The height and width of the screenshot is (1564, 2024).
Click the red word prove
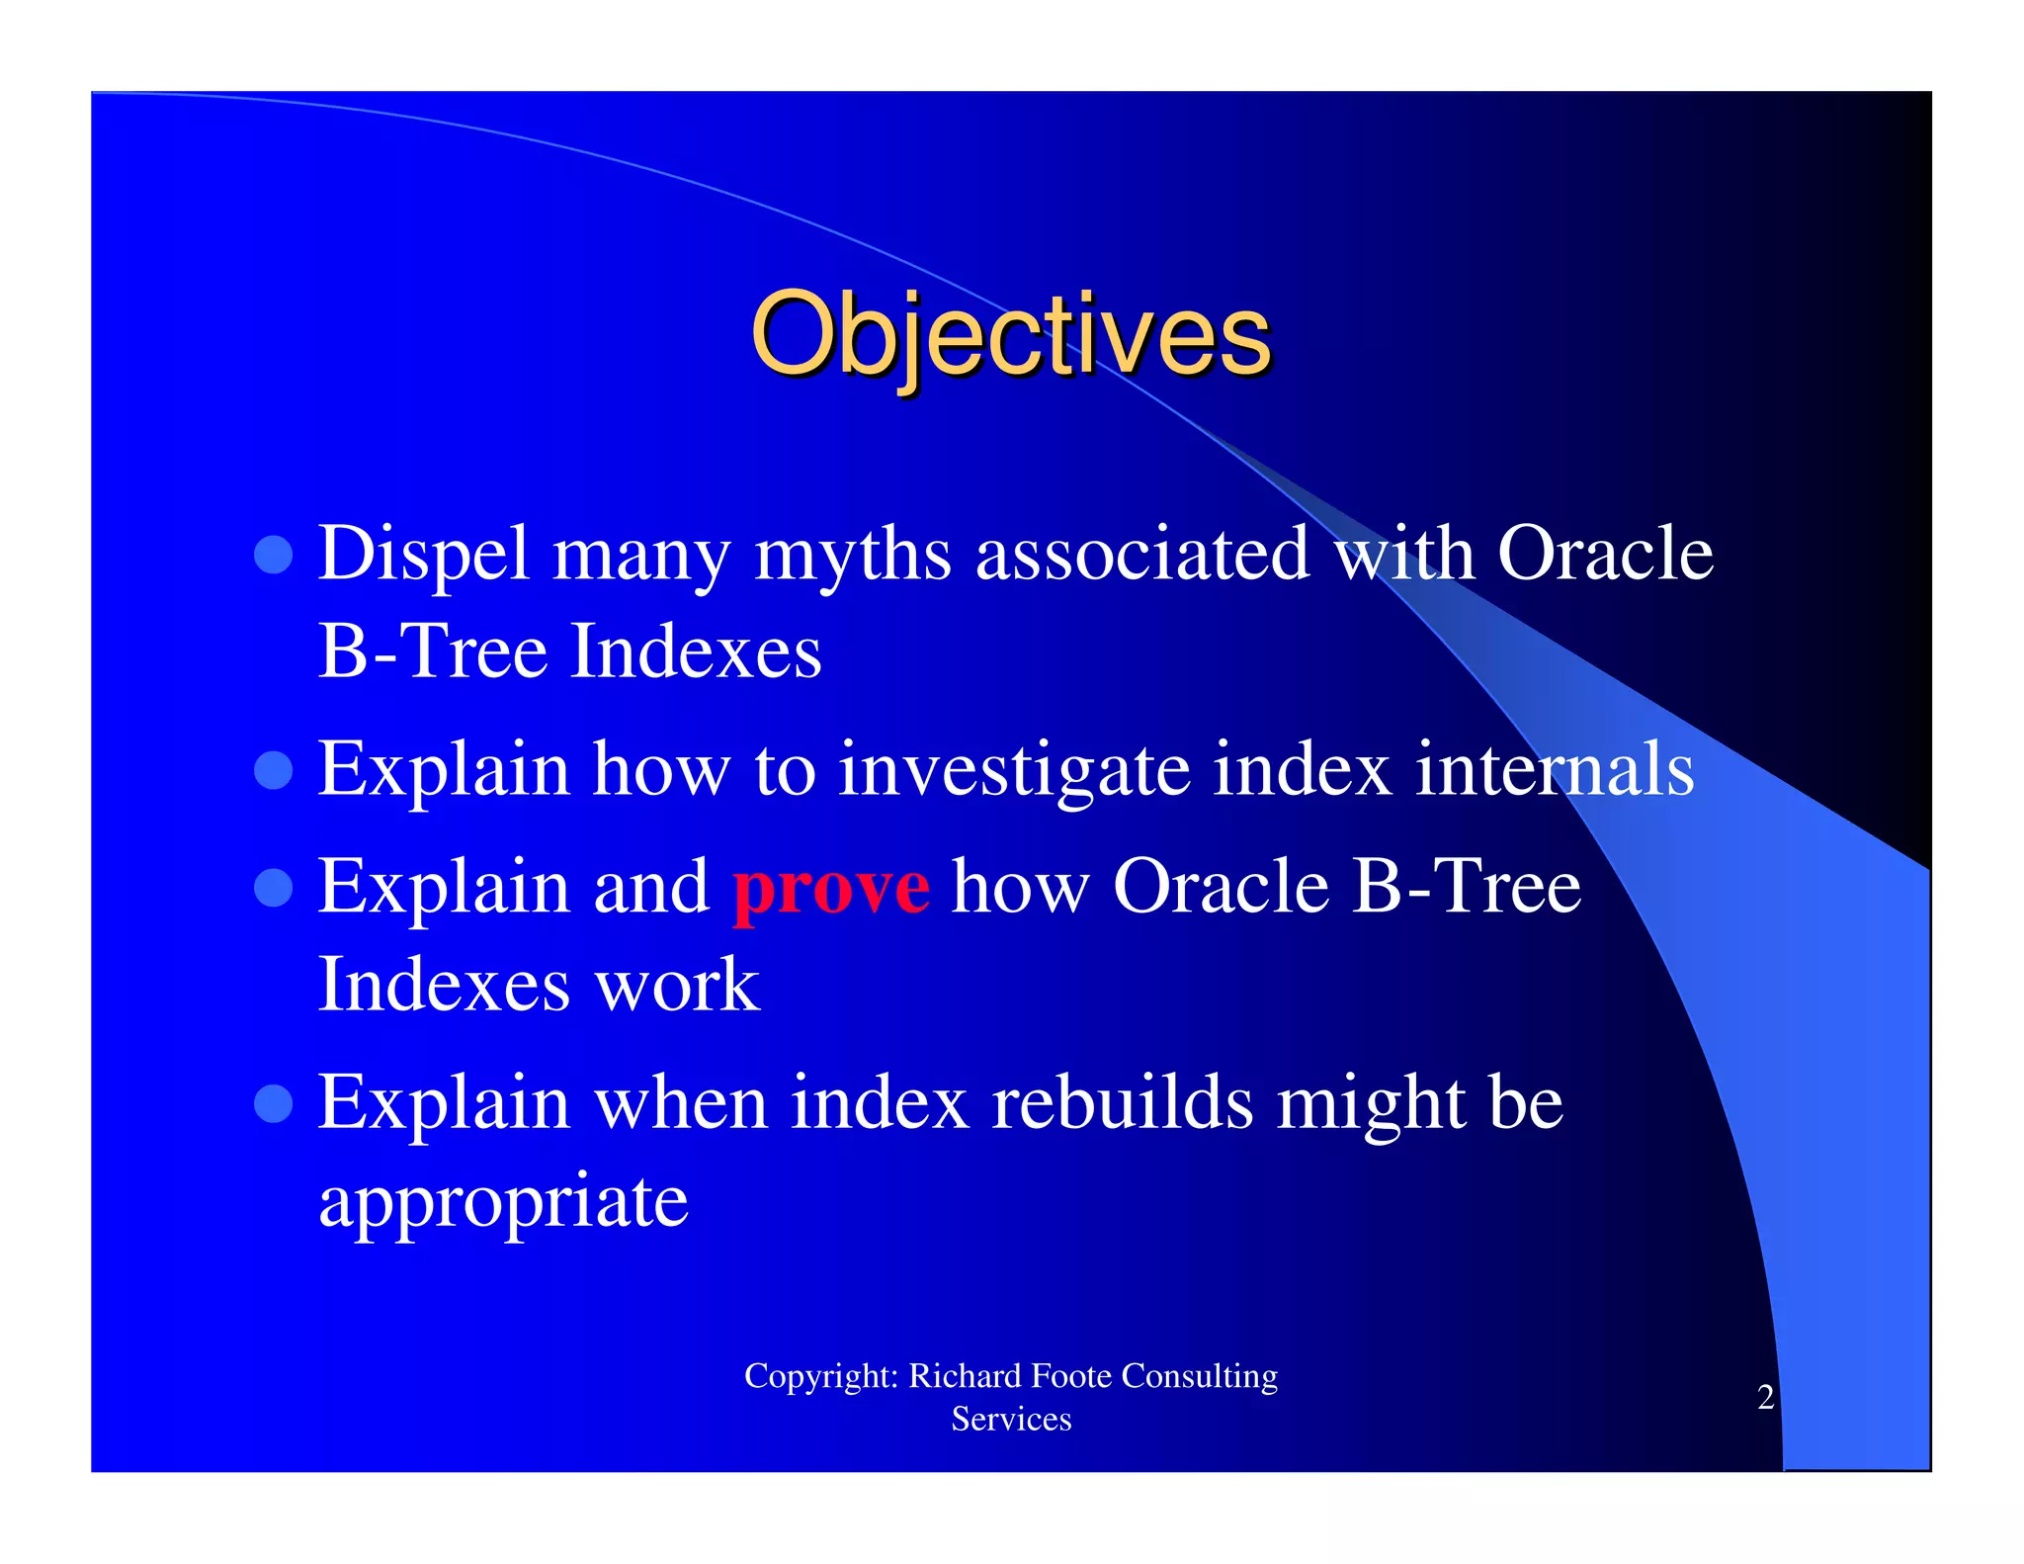click(830, 888)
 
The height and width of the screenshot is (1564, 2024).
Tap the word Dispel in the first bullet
click(424, 554)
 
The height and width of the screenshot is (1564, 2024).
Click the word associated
click(1141, 554)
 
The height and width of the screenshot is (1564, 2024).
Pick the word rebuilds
click(1122, 1102)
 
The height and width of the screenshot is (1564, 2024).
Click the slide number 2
click(1765, 1397)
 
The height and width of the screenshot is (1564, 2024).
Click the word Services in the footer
click(1011, 1420)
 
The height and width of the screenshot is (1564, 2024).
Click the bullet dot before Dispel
click(274, 555)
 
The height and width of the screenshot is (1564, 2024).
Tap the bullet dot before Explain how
click(274, 770)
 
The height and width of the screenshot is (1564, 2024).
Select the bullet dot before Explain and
click(274, 887)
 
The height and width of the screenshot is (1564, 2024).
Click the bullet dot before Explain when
click(274, 1103)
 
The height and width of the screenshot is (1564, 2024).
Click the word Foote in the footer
click(1071, 1376)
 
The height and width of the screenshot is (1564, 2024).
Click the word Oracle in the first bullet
click(1605, 554)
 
